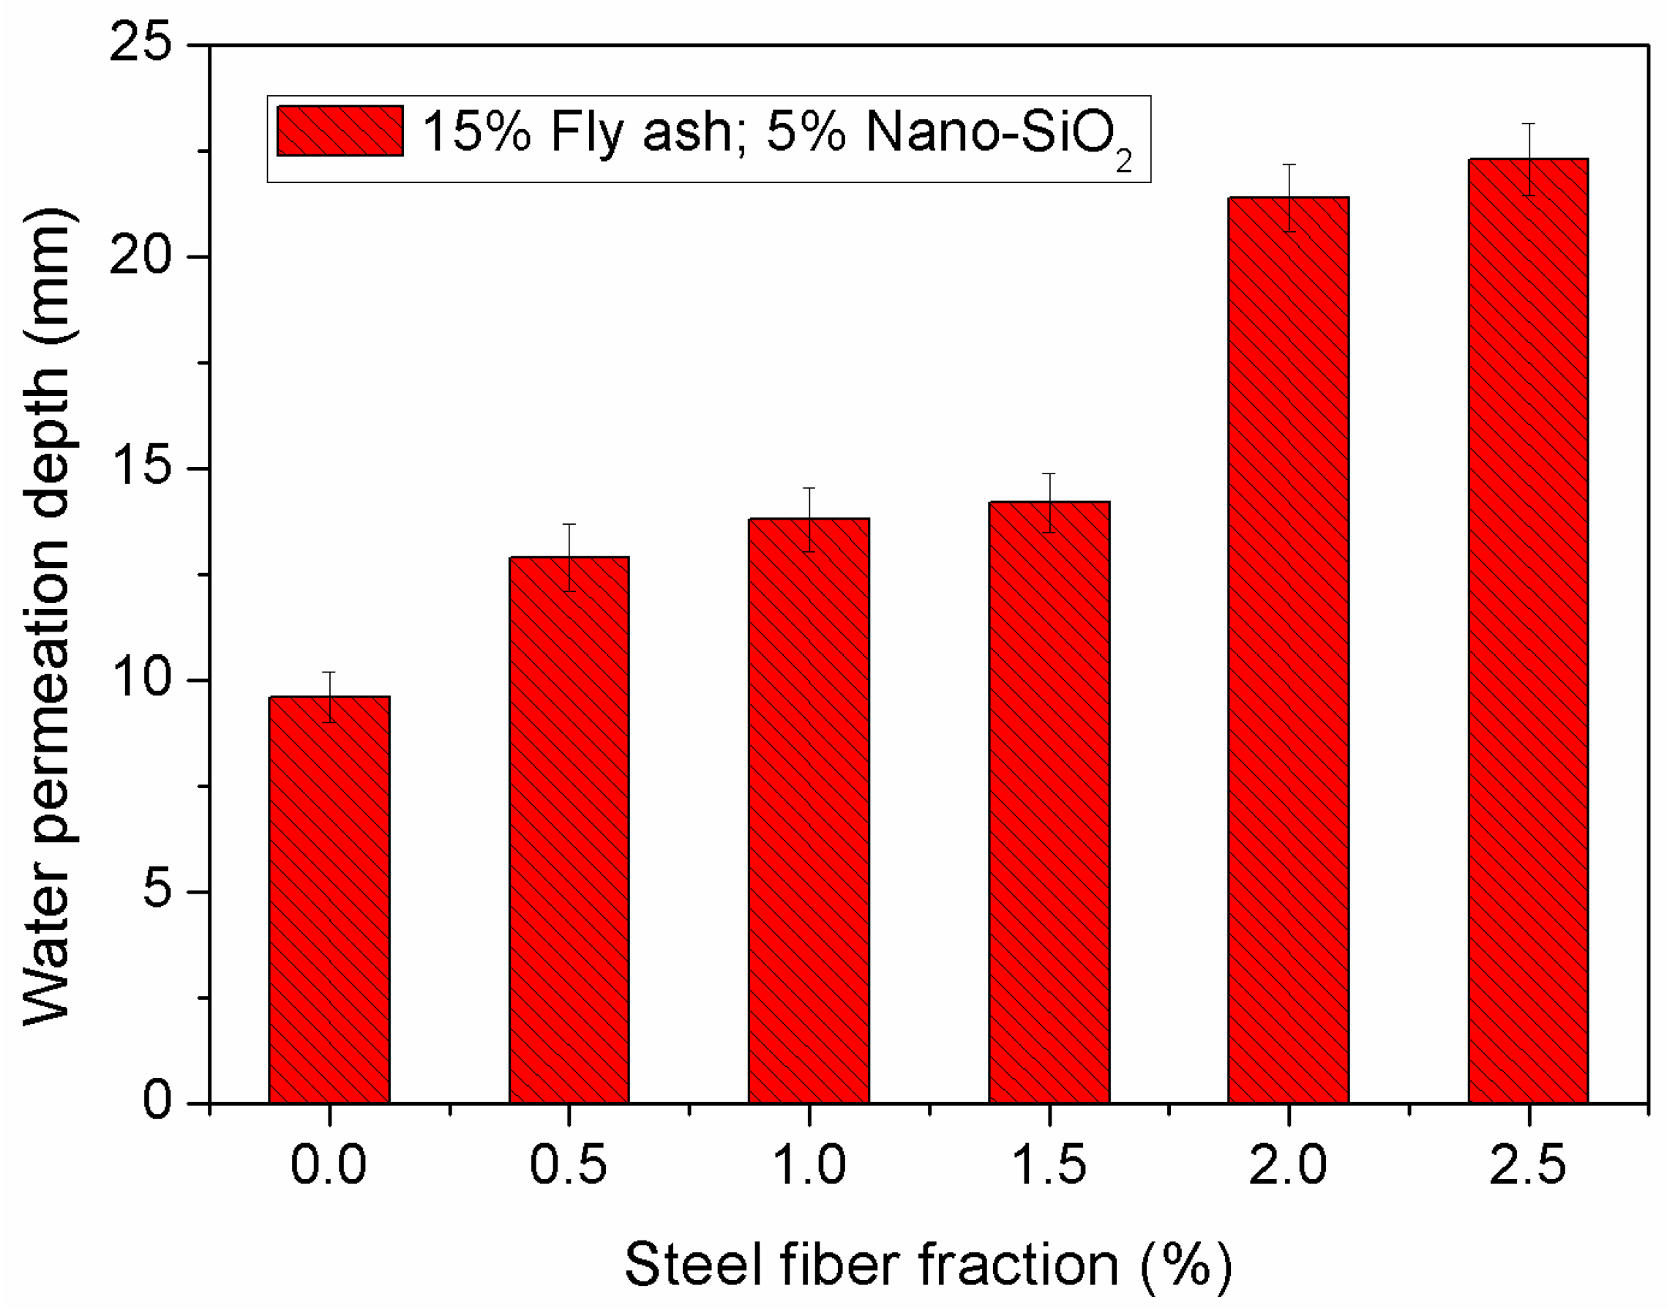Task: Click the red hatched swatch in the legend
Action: click(x=340, y=131)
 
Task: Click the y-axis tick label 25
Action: click(x=141, y=43)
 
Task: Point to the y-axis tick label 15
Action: click(x=141, y=467)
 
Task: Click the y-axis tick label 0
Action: click(x=157, y=1103)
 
